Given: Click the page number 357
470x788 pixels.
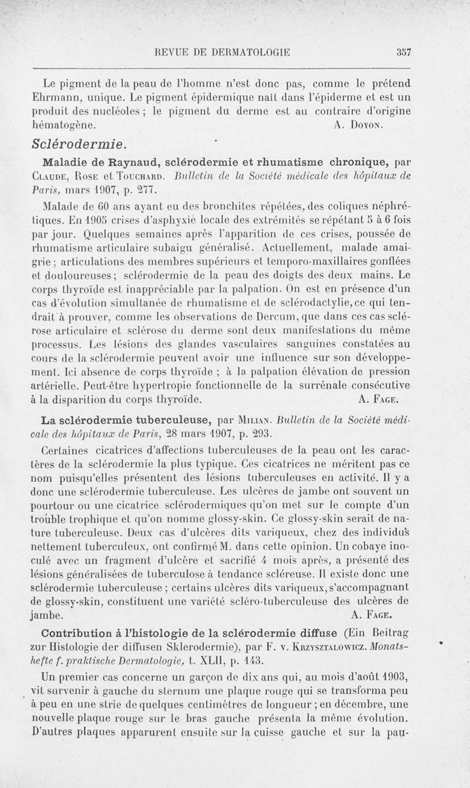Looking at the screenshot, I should [402, 52].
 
